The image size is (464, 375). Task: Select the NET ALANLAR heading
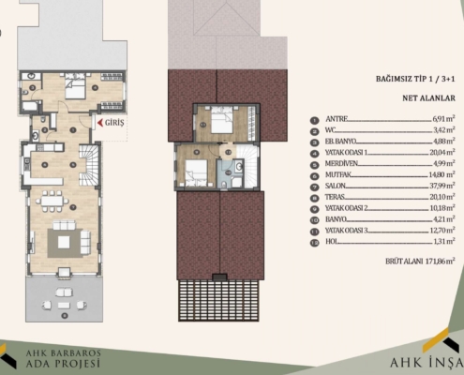(x=428, y=96)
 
